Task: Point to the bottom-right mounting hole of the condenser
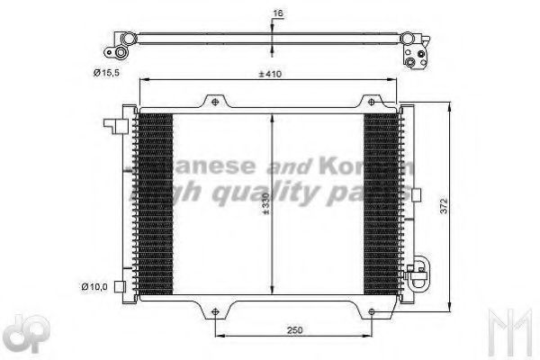pyautogui.click(x=369, y=313)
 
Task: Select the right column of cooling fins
pyautogui.click(x=381, y=205)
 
